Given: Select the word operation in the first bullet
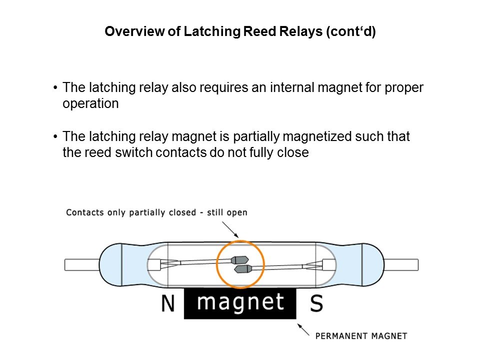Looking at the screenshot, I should click(90, 104).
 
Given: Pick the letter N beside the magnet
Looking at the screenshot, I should click(168, 303).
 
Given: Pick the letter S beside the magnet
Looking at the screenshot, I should click(316, 303).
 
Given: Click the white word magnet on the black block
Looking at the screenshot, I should click(240, 302).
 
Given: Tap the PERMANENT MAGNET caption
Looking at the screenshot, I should click(361, 336).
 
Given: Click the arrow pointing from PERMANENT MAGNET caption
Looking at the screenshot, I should click(303, 329).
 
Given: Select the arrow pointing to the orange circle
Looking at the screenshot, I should click(230, 229).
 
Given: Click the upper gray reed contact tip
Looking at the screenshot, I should click(239, 260).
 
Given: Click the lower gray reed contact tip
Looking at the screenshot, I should click(243, 269).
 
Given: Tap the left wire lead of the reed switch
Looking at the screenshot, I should click(81, 264).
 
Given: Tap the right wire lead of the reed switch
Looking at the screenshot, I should click(401, 264).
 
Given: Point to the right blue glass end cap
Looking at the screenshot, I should click(372, 264).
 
